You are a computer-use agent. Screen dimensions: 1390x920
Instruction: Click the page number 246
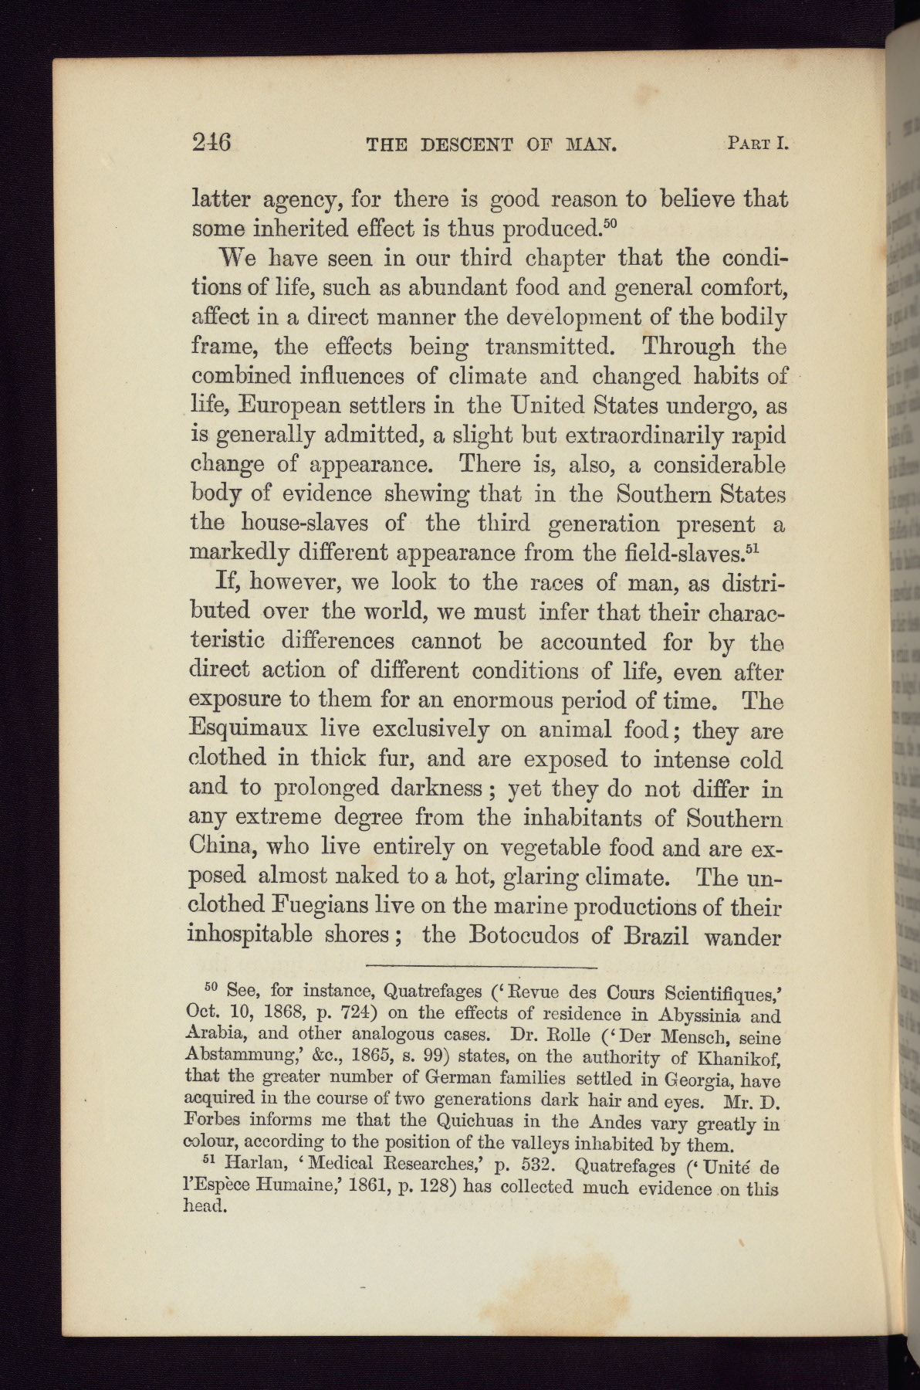212,143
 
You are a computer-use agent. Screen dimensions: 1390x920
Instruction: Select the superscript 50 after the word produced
610,223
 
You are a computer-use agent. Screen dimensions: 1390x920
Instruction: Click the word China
222,847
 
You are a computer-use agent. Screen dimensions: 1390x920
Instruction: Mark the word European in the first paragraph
293,406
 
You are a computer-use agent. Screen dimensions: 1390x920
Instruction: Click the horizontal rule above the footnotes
482,967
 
